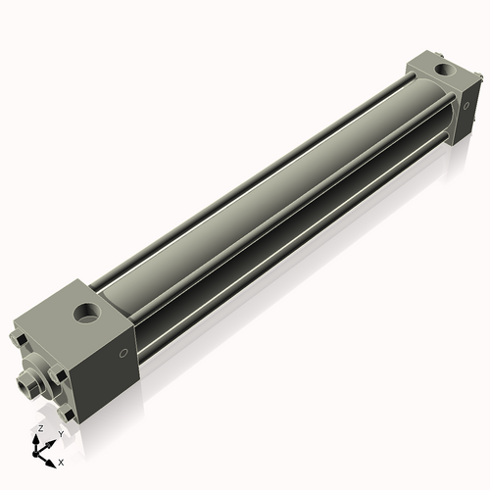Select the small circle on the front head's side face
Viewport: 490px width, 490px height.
123,353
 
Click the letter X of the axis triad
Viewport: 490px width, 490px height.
61,461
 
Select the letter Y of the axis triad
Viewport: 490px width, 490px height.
60,432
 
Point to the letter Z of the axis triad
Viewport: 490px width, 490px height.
40,428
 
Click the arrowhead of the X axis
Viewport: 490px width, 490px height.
52,458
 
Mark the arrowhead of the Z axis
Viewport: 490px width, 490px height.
39,437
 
